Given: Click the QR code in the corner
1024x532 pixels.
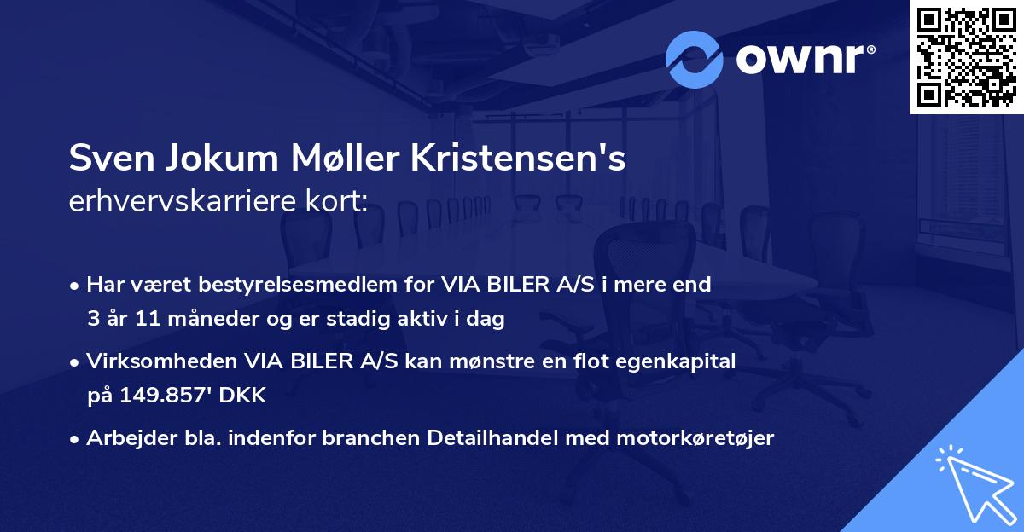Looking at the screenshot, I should click(965, 57).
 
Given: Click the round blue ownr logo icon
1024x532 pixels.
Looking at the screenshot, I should click(695, 58).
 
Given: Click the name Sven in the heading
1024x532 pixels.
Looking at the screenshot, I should click(106, 159).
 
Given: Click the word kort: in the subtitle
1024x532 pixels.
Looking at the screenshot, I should click(339, 201).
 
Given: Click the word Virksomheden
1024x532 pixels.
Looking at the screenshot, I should click(153, 361).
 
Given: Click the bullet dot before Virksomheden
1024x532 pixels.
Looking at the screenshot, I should click(76, 362).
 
